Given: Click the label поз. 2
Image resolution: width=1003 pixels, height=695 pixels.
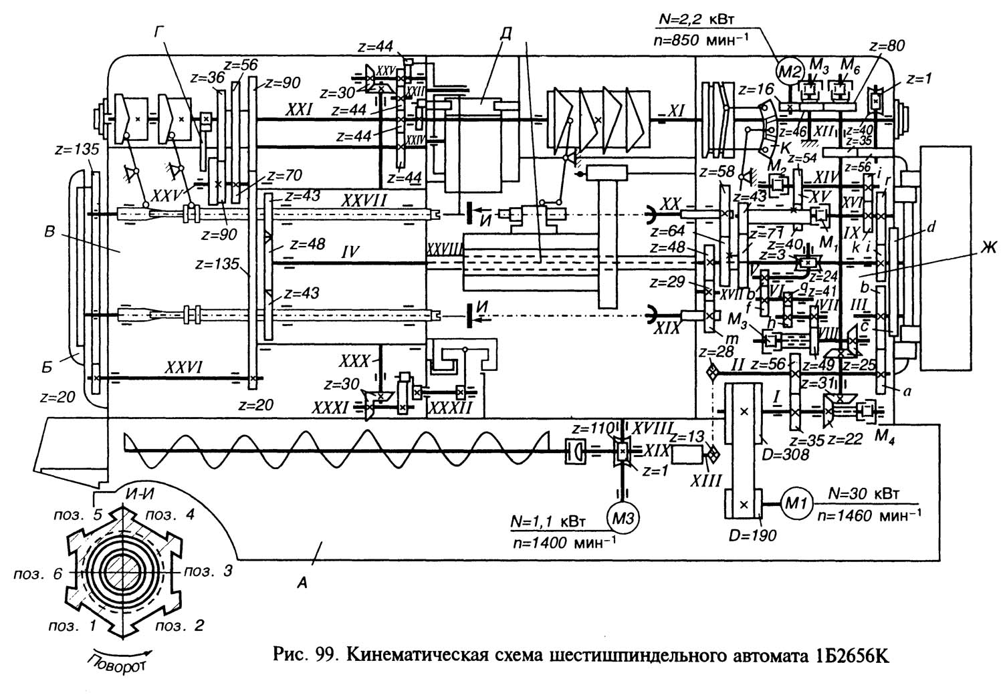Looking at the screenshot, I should [179, 626].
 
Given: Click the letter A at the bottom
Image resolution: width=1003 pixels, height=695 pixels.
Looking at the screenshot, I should [302, 583].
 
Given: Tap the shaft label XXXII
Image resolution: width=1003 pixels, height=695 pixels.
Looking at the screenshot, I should [449, 406].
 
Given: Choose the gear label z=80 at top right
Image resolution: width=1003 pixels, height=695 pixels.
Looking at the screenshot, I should [887, 45].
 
